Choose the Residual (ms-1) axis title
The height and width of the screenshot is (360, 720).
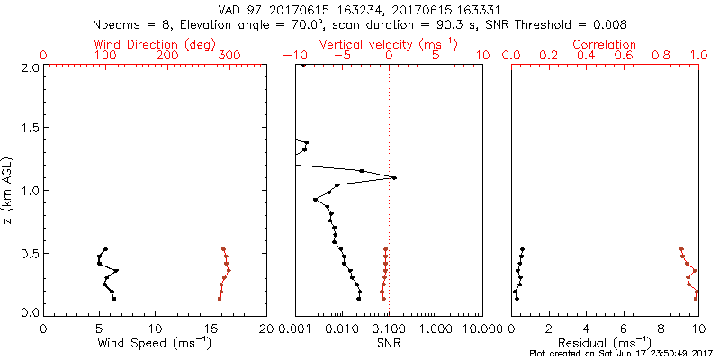click(605, 343)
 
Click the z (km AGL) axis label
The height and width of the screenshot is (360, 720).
click(8, 189)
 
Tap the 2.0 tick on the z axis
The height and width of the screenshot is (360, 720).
click(29, 67)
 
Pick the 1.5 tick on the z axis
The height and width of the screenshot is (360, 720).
click(29, 129)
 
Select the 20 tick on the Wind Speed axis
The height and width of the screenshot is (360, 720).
click(267, 327)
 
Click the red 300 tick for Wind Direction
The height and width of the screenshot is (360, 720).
click(229, 56)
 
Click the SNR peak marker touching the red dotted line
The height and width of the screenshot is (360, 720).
click(393, 177)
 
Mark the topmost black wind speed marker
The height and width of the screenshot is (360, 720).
click(105, 249)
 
